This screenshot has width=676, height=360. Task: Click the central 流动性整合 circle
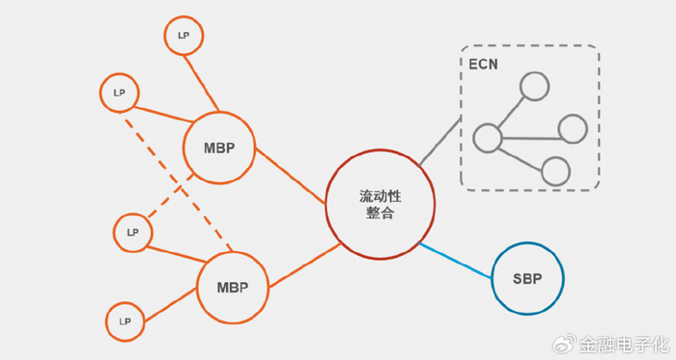pyautogui.click(x=380, y=204)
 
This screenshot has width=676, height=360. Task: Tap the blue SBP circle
pyautogui.click(x=526, y=279)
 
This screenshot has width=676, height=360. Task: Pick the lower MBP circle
pyautogui.click(x=232, y=289)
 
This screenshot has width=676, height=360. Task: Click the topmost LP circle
pyautogui.click(x=183, y=35)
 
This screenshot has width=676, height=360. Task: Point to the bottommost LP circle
pyautogui.click(x=125, y=320)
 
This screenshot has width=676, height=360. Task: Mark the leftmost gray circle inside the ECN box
pyautogui.click(x=488, y=137)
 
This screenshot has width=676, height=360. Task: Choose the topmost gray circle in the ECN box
pyautogui.click(x=534, y=88)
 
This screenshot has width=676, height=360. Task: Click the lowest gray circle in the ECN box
pyautogui.click(x=555, y=171)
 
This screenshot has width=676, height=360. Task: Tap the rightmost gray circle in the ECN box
pyautogui.click(x=574, y=127)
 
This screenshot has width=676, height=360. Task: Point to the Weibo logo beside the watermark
pyautogui.click(x=563, y=343)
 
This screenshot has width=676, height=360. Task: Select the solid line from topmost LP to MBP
pyautogui.click(x=201, y=81)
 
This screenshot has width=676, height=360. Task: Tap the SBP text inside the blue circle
pyautogui.click(x=526, y=279)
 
